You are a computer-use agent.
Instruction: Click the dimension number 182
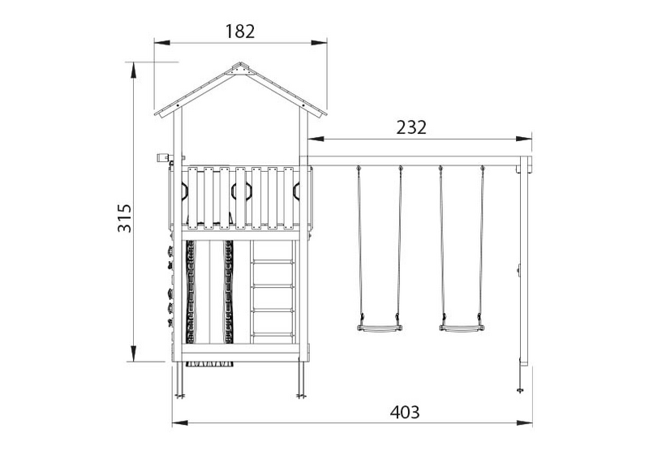240,32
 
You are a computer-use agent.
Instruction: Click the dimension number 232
412,126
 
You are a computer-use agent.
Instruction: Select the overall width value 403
403,411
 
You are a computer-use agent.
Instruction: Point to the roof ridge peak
240,66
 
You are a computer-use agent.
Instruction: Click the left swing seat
379,328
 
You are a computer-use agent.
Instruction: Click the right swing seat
462,328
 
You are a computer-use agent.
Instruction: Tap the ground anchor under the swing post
521,388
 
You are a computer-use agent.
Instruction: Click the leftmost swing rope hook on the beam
358,168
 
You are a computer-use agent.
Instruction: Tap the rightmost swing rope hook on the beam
483,168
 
